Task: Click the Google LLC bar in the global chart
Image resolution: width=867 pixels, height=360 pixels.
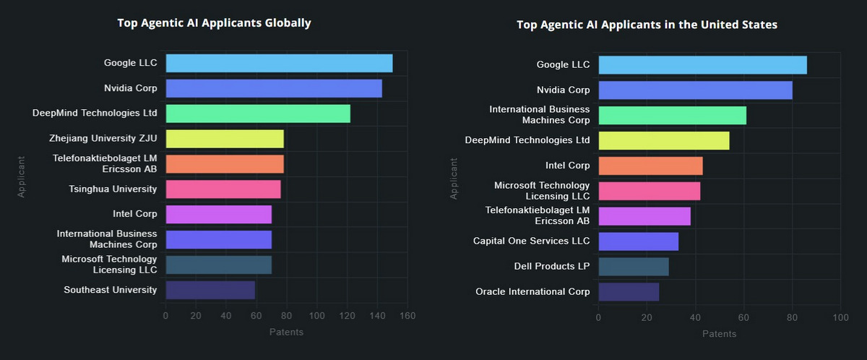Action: coord(279,63)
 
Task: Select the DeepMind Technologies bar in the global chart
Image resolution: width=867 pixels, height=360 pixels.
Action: coord(258,113)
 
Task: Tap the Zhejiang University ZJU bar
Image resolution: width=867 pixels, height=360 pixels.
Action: coord(225,139)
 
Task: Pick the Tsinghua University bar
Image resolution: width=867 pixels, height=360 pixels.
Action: coord(223,189)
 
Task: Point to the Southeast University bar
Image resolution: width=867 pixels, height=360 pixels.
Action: coord(210,290)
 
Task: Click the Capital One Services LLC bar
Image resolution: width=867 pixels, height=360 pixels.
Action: coord(638,241)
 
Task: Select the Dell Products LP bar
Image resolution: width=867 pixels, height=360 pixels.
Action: coord(634,266)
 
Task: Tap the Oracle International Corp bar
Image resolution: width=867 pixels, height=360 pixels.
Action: coord(629,292)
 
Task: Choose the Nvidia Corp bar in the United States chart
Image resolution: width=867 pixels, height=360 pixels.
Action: coord(695,90)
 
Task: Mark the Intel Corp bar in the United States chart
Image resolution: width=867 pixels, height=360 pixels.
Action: coord(650,166)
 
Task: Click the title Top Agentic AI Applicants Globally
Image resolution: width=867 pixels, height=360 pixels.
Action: coord(214,23)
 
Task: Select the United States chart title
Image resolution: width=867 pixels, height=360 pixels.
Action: coord(647,25)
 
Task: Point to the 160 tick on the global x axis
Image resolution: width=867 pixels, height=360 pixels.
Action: coord(407,316)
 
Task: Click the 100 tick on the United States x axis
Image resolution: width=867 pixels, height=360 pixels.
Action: coord(840,318)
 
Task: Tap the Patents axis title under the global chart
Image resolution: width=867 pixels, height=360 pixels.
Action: coord(286,332)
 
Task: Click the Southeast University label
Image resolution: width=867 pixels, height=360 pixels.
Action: coord(110,290)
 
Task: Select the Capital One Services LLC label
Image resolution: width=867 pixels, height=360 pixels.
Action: coord(531,241)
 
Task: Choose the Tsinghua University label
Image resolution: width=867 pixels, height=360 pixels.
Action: coord(113,189)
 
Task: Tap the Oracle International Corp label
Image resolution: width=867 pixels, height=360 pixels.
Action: coord(532,292)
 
